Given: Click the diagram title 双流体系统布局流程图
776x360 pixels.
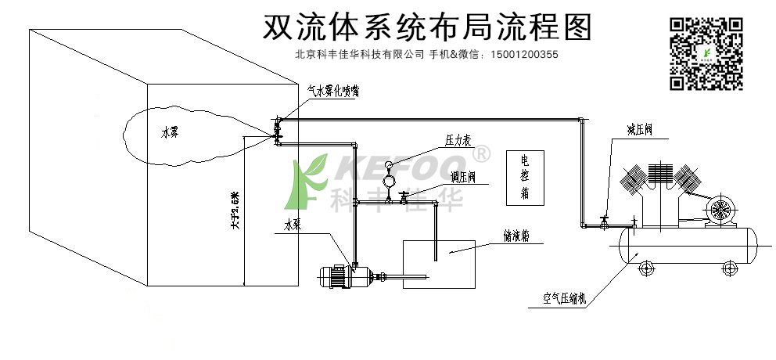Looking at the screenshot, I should [x=426, y=27].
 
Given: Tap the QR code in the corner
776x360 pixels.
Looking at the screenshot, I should [x=706, y=52].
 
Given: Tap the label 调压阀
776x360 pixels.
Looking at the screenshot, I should [x=464, y=177].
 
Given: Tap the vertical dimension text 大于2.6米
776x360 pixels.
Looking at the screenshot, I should [x=233, y=211].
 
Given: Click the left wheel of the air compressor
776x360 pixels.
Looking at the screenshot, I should [x=647, y=269].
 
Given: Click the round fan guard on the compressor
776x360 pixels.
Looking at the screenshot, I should [x=719, y=210].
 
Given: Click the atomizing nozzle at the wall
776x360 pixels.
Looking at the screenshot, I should [x=276, y=129].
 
